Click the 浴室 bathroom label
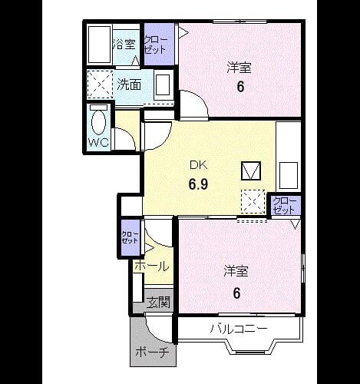click(x=124, y=45)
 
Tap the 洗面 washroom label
click(x=129, y=84)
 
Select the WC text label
click(x=98, y=142)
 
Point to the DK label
click(x=199, y=165)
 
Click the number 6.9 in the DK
click(x=198, y=184)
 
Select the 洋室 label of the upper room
click(x=239, y=68)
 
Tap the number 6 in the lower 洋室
click(x=236, y=293)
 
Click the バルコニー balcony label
click(x=239, y=329)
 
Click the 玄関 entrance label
click(x=159, y=303)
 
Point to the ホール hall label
click(x=152, y=266)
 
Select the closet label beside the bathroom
click(x=156, y=45)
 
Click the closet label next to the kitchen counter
click(x=284, y=206)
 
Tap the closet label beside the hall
click(x=130, y=237)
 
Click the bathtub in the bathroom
click(x=100, y=45)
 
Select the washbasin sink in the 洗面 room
click(x=163, y=84)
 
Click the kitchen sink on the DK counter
click(x=289, y=176)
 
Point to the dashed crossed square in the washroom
click(x=100, y=84)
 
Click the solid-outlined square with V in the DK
click(x=251, y=170)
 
